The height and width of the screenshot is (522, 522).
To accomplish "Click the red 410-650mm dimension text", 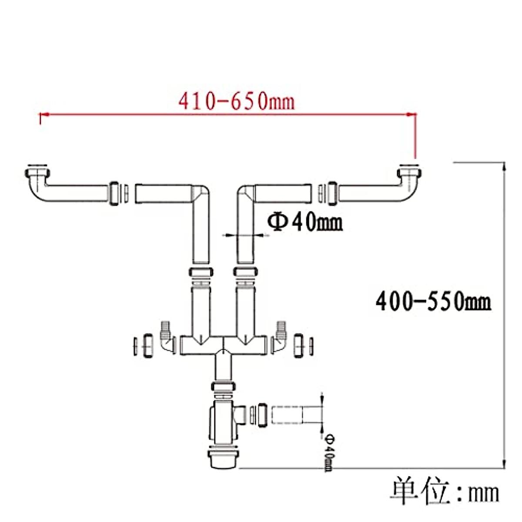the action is (236, 102).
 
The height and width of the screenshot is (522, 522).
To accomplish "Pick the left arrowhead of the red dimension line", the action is (45, 114).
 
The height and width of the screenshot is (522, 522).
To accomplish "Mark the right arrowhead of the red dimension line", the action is (411, 114).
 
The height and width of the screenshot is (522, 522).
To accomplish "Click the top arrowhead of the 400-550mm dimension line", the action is (504, 166).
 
